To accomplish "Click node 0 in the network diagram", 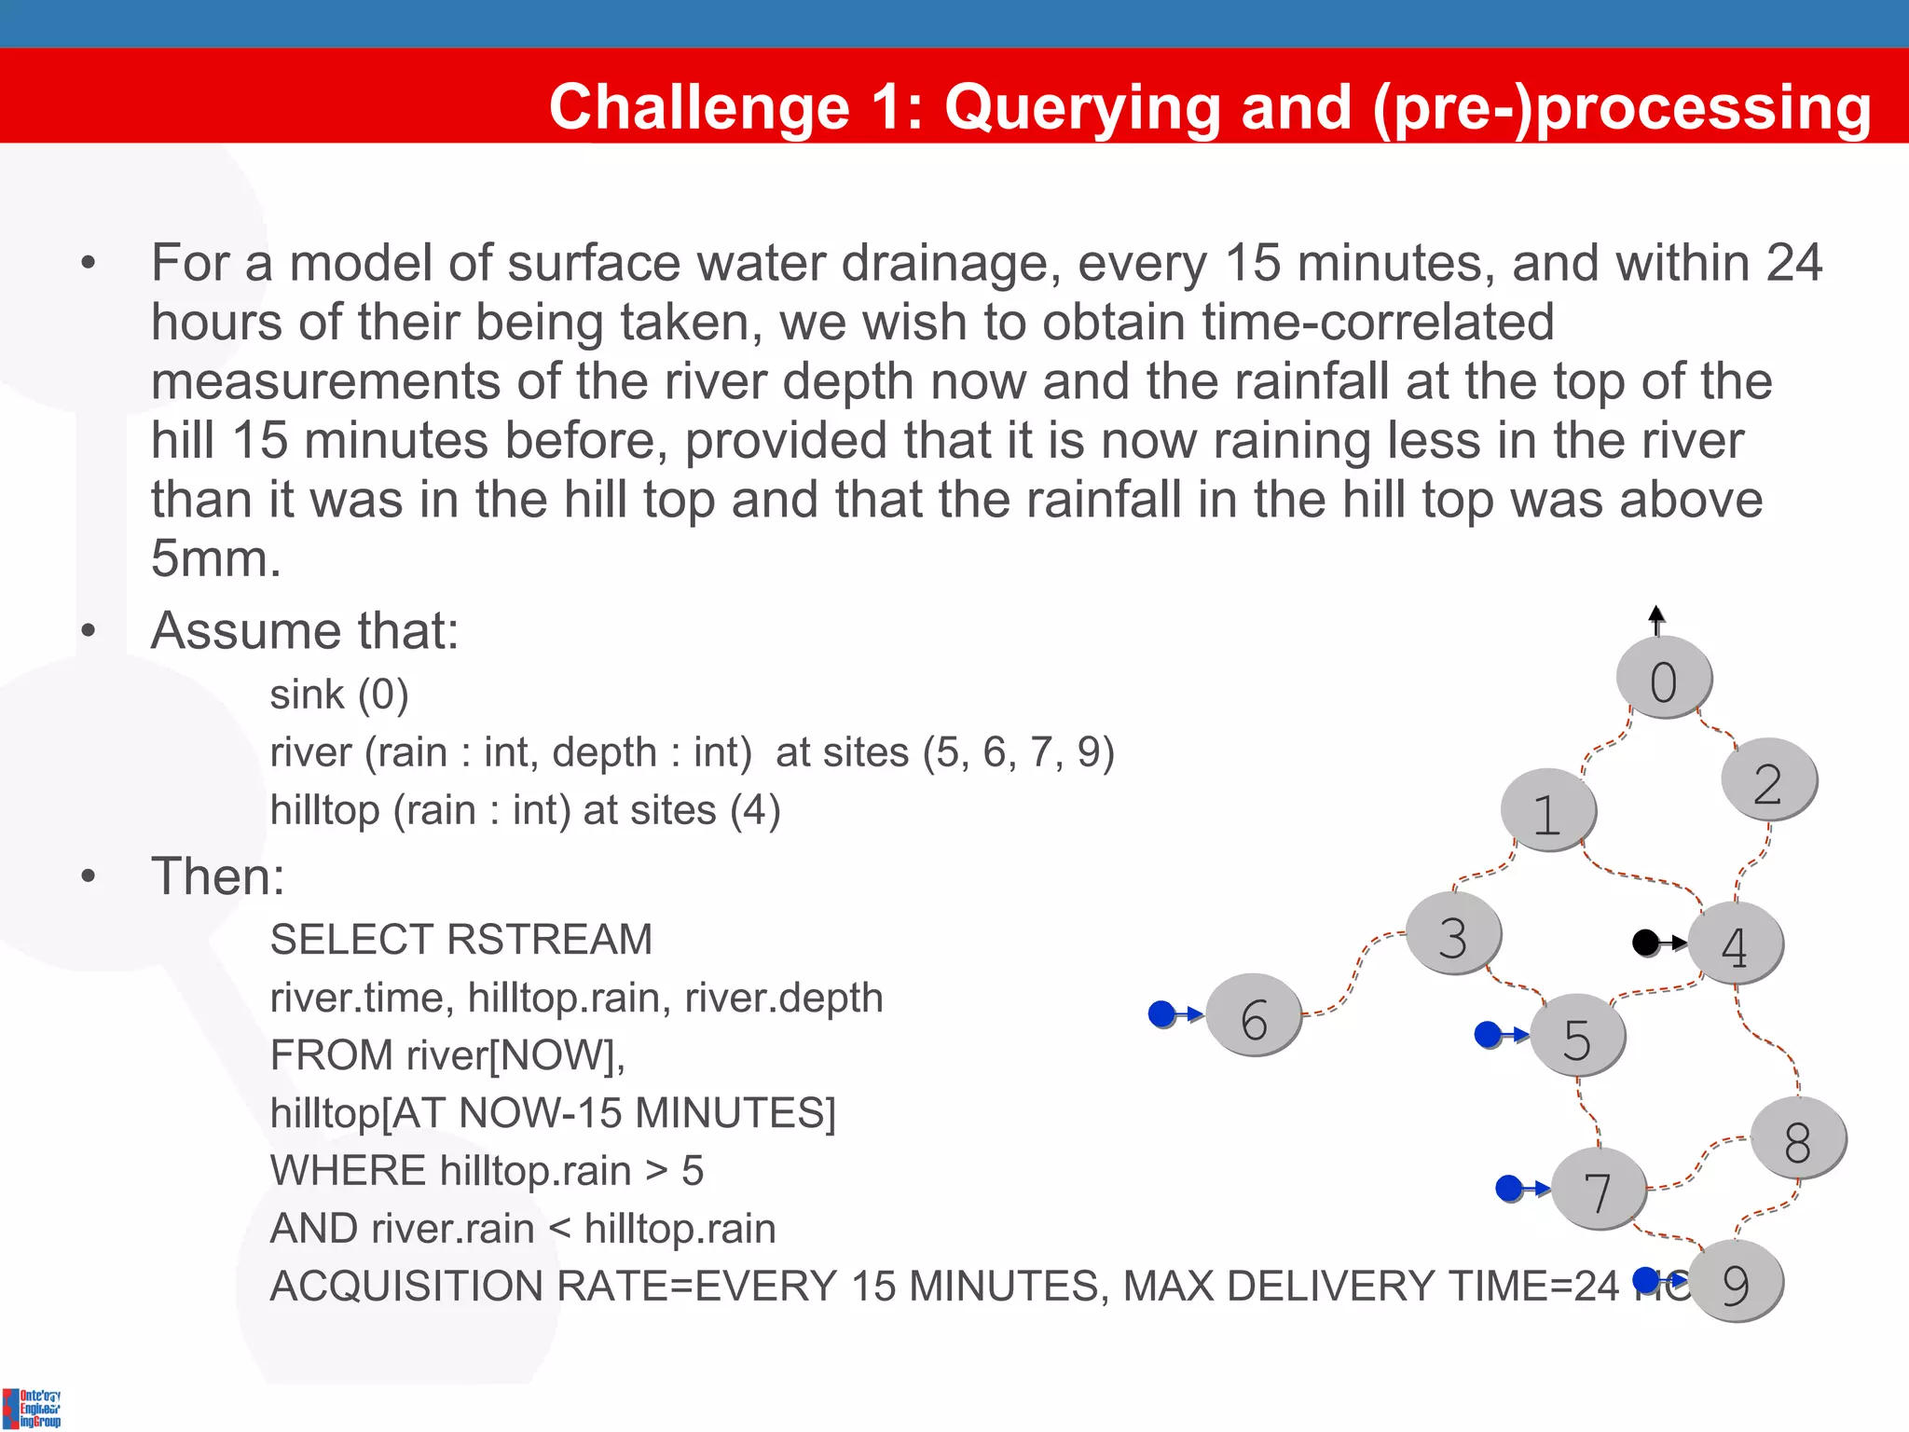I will [1664, 678].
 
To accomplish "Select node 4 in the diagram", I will [1735, 943].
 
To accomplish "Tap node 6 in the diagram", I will [1254, 1015].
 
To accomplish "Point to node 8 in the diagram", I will [1798, 1138].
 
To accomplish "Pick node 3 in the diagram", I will [1453, 933].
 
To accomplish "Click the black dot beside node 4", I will [1646, 943].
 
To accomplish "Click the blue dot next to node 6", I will [1161, 1013].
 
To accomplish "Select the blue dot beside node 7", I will [1509, 1188].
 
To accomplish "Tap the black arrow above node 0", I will [1656, 619].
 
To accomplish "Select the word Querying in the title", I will [1082, 106].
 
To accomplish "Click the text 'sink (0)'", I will [339, 695].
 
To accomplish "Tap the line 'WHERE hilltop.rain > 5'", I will [487, 1171].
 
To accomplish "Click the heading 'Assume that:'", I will [305, 630].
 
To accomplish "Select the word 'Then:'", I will [217, 876].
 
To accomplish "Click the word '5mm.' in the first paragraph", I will [216, 558].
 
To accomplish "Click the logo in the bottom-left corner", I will [32, 1408].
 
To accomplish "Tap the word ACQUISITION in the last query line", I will [405, 1287].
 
